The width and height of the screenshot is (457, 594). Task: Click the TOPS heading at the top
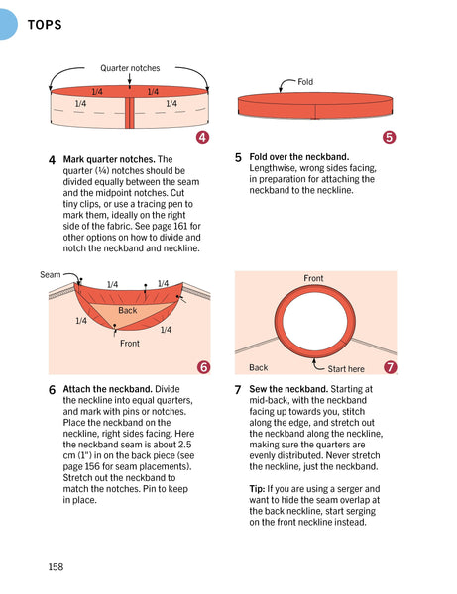[x=45, y=25]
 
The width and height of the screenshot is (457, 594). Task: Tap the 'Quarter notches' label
[x=130, y=68]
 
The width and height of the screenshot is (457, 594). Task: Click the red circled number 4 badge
[x=203, y=137]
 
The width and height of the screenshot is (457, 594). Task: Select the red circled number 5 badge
[x=389, y=137]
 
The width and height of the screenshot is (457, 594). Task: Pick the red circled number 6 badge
[x=203, y=366]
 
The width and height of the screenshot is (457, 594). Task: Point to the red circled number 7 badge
[x=390, y=367]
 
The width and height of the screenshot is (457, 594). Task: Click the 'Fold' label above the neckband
[x=305, y=82]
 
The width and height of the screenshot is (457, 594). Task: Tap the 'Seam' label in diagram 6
[x=50, y=274]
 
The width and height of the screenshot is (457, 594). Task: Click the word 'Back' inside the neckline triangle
[x=128, y=310]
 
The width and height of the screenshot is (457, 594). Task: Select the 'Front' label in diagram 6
[x=130, y=344]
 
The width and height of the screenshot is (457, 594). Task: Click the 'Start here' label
[x=346, y=369]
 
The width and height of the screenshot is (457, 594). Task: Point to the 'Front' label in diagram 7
[x=313, y=278]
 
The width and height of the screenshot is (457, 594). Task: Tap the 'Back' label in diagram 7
[x=259, y=367]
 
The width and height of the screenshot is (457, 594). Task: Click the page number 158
[x=56, y=566]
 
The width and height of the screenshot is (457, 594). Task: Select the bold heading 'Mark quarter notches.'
[x=109, y=159]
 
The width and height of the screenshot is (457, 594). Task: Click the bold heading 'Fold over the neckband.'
[x=298, y=157]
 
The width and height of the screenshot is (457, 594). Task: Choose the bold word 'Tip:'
[x=257, y=489]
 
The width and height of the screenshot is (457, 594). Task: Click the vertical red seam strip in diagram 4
[x=130, y=113]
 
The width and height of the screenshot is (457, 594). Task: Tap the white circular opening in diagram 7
[x=315, y=321]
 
